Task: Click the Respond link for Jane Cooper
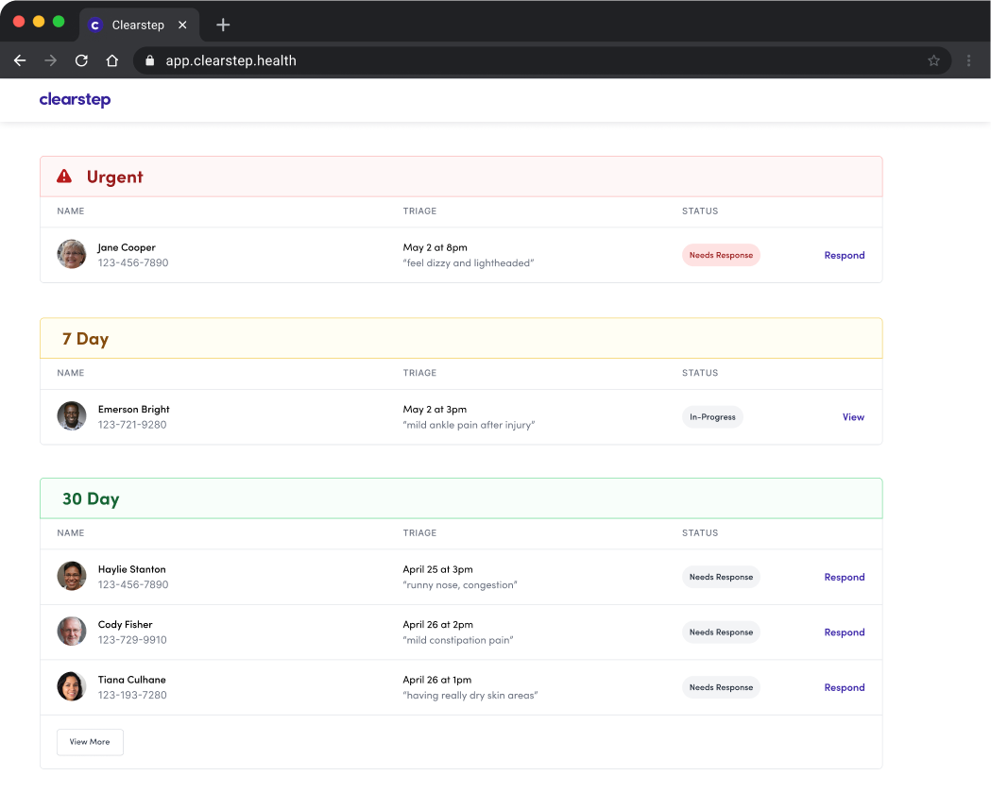point(844,255)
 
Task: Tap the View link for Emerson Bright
point(853,417)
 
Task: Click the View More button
point(90,742)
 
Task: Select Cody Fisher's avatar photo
point(72,632)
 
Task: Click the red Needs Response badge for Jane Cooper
point(721,255)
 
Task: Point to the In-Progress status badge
point(712,417)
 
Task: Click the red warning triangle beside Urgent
point(64,177)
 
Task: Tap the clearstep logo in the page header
point(75,99)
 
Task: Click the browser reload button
point(81,60)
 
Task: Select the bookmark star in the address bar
point(933,60)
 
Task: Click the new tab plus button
point(223,25)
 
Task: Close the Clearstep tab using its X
point(182,25)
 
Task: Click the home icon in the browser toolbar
point(111,60)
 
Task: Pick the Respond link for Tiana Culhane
point(844,687)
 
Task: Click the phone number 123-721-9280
point(132,425)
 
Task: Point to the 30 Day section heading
point(91,498)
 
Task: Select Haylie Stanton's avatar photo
point(72,576)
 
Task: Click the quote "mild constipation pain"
point(458,640)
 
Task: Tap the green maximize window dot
point(59,22)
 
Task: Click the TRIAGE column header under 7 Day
point(419,373)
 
